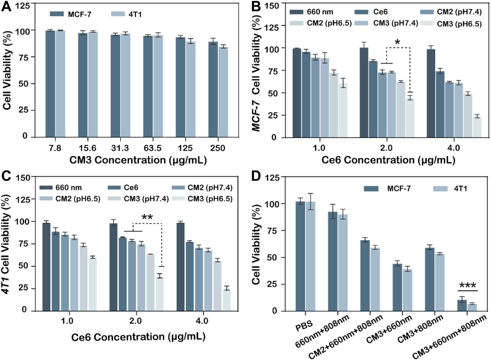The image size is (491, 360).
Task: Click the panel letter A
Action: (x=6, y=7)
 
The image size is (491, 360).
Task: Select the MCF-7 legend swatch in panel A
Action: (x=57, y=14)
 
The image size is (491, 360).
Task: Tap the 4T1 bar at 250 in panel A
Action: (x=223, y=91)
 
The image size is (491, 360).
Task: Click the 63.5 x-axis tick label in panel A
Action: (x=153, y=148)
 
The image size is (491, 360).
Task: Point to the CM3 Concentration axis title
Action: (x=138, y=160)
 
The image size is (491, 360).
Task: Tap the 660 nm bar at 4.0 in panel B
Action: (x=431, y=93)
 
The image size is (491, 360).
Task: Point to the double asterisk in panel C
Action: (x=147, y=218)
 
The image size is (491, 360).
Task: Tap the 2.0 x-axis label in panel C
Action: (x=135, y=321)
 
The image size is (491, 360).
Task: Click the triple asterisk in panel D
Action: (x=468, y=286)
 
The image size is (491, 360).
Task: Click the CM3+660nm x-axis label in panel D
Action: (x=389, y=330)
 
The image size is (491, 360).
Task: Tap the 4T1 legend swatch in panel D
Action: (x=440, y=189)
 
